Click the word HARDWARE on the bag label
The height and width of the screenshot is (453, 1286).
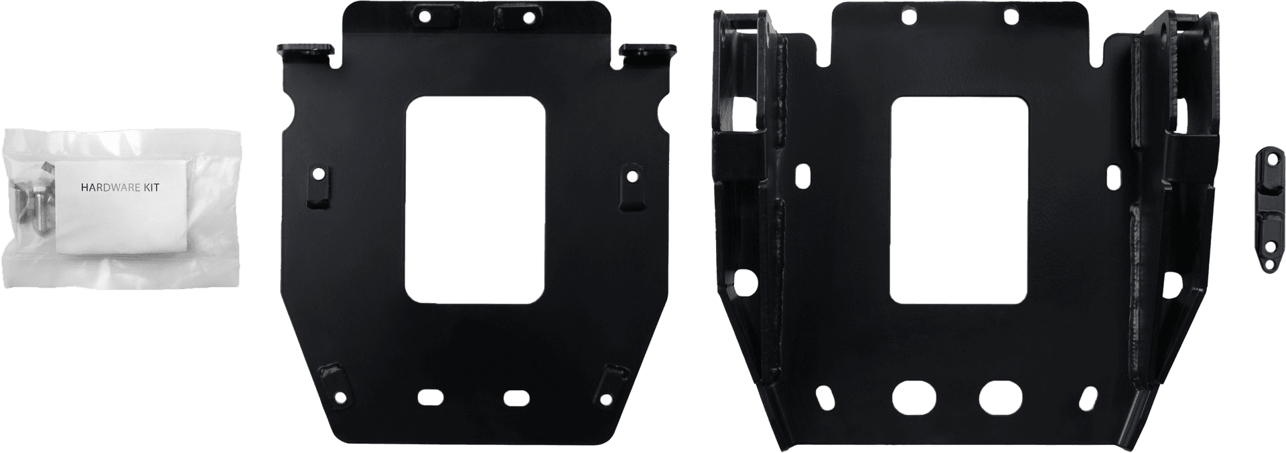111,189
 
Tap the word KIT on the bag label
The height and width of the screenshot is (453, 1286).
152,189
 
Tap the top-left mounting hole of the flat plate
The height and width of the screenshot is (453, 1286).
424,16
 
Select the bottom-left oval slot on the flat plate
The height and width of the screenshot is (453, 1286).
431,397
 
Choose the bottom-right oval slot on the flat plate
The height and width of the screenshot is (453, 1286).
516,397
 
